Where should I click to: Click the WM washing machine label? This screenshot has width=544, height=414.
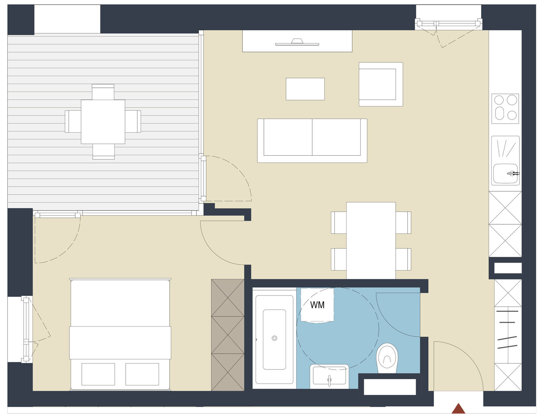tap(317, 305)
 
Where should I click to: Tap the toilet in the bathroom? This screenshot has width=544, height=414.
tap(387, 358)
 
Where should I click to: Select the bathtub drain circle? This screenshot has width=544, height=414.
tap(274, 338)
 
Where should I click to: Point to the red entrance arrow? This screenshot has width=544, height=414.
tap(458, 408)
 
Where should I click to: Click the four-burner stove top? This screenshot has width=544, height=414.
tap(505, 108)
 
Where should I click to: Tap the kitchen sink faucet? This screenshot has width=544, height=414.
tap(513, 173)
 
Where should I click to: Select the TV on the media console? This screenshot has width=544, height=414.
tap(297, 42)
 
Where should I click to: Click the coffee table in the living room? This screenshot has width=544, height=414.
tap(305, 89)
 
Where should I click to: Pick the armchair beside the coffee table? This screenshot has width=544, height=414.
tap(381, 84)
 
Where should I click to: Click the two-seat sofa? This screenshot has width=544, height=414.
tap(312, 140)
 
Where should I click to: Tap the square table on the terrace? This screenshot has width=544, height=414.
tap(103, 122)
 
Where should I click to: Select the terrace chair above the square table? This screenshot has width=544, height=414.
tap(103, 92)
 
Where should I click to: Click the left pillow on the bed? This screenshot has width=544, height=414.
tap(98, 374)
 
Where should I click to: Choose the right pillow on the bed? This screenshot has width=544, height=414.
tap(142, 374)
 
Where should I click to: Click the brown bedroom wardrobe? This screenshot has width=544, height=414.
tap(227, 335)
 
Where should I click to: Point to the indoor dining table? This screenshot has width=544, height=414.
tap(371, 241)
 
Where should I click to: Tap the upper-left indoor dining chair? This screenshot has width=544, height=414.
tap(339, 222)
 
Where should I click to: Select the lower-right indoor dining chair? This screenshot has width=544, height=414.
tap(403, 259)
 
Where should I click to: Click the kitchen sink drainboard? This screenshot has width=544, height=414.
tap(505, 149)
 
